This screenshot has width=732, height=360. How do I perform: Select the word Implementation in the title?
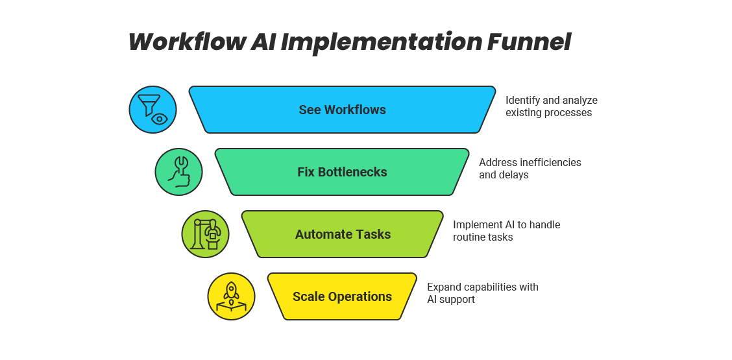pos(382,42)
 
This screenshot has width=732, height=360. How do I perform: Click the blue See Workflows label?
pos(342,110)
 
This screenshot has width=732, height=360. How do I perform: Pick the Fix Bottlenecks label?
pos(342,172)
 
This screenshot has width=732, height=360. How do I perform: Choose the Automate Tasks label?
pos(343,234)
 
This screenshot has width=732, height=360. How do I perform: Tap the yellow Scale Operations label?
pos(342,296)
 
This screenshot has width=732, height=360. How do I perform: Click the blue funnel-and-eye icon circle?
pos(153,110)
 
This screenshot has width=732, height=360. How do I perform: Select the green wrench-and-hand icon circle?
pos(179,172)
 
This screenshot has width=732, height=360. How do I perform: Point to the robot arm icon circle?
pos(206,234)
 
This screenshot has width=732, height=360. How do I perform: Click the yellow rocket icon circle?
pos(232,296)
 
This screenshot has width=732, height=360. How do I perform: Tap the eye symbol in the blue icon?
pos(159,119)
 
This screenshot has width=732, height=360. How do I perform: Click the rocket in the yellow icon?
pos(232,290)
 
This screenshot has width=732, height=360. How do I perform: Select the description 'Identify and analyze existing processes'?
pos(551,106)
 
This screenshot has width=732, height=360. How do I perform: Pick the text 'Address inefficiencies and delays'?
pos(530,168)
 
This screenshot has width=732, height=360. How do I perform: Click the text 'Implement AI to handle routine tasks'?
pos(506,231)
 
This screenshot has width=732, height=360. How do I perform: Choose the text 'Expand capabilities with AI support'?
pos(482,293)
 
